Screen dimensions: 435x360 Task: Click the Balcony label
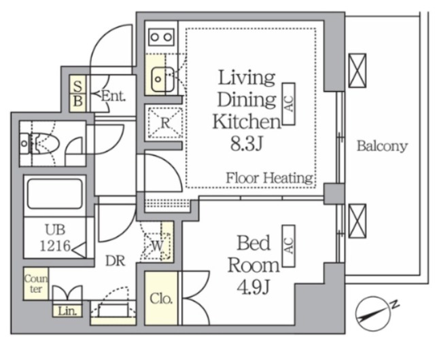point(382,146)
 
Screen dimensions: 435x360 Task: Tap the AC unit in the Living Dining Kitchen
point(288,103)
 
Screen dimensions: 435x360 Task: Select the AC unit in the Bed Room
point(288,246)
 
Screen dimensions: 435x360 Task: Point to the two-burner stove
point(161,37)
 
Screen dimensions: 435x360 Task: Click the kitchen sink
point(162,79)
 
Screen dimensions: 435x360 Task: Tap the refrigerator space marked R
point(165,122)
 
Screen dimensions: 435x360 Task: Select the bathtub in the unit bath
point(55,194)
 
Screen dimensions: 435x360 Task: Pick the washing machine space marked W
point(157,246)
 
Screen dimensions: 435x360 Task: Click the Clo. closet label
point(161,299)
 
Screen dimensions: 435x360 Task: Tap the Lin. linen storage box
point(67,311)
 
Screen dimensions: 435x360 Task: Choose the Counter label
point(36,283)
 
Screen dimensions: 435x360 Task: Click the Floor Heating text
point(269,178)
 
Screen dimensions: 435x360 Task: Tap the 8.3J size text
point(246,143)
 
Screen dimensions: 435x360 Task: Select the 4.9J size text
point(254,287)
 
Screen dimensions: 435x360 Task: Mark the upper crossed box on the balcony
point(357,71)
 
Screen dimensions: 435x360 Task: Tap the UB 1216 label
point(56,238)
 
